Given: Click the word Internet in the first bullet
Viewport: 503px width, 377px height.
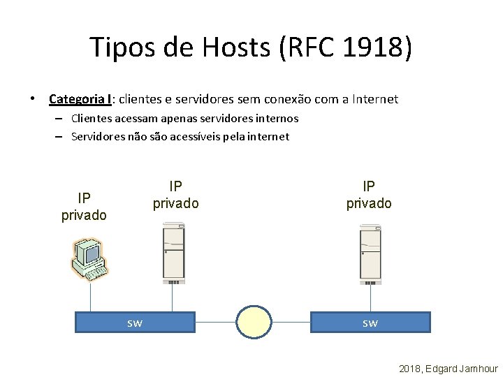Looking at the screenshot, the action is (368, 99).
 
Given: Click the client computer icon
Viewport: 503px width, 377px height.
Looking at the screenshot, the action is (89, 259).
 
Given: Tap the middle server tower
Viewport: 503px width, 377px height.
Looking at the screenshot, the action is (173, 253).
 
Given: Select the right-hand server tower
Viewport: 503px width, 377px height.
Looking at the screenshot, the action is (370, 253).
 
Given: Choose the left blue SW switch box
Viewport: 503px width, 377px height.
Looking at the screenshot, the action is (135, 323).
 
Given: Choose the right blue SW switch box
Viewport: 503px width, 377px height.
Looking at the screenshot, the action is (370, 323).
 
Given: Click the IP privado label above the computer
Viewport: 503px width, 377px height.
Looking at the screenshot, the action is (84, 207).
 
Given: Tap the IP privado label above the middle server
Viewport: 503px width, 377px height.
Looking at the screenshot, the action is (176, 195).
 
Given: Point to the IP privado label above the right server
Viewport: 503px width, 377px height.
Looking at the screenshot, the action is (369, 195).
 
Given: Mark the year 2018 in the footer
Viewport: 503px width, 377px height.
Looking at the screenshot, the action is (410, 368).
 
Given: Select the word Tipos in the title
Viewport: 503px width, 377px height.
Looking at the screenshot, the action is (124, 47).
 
